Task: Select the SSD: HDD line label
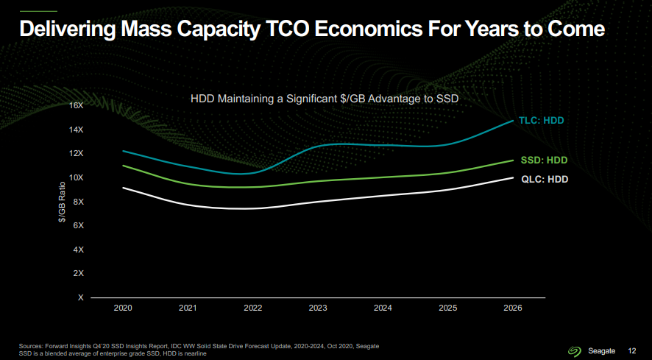(x=544, y=160)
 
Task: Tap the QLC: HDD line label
(x=545, y=179)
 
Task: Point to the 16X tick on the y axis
(x=77, y=105)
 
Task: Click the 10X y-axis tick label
(x=77, y=177)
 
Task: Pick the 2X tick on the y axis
(x=79, y=273)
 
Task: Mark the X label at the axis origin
(x=81, y=297)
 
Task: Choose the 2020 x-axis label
(x=123, y=308)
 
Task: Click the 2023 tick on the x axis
(x=318, y=308)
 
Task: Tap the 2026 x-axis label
(x=512, y=308)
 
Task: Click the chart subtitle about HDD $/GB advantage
(x=325, y=99)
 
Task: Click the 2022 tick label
(x=252, y=308)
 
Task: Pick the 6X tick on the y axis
(x=79, y=225)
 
